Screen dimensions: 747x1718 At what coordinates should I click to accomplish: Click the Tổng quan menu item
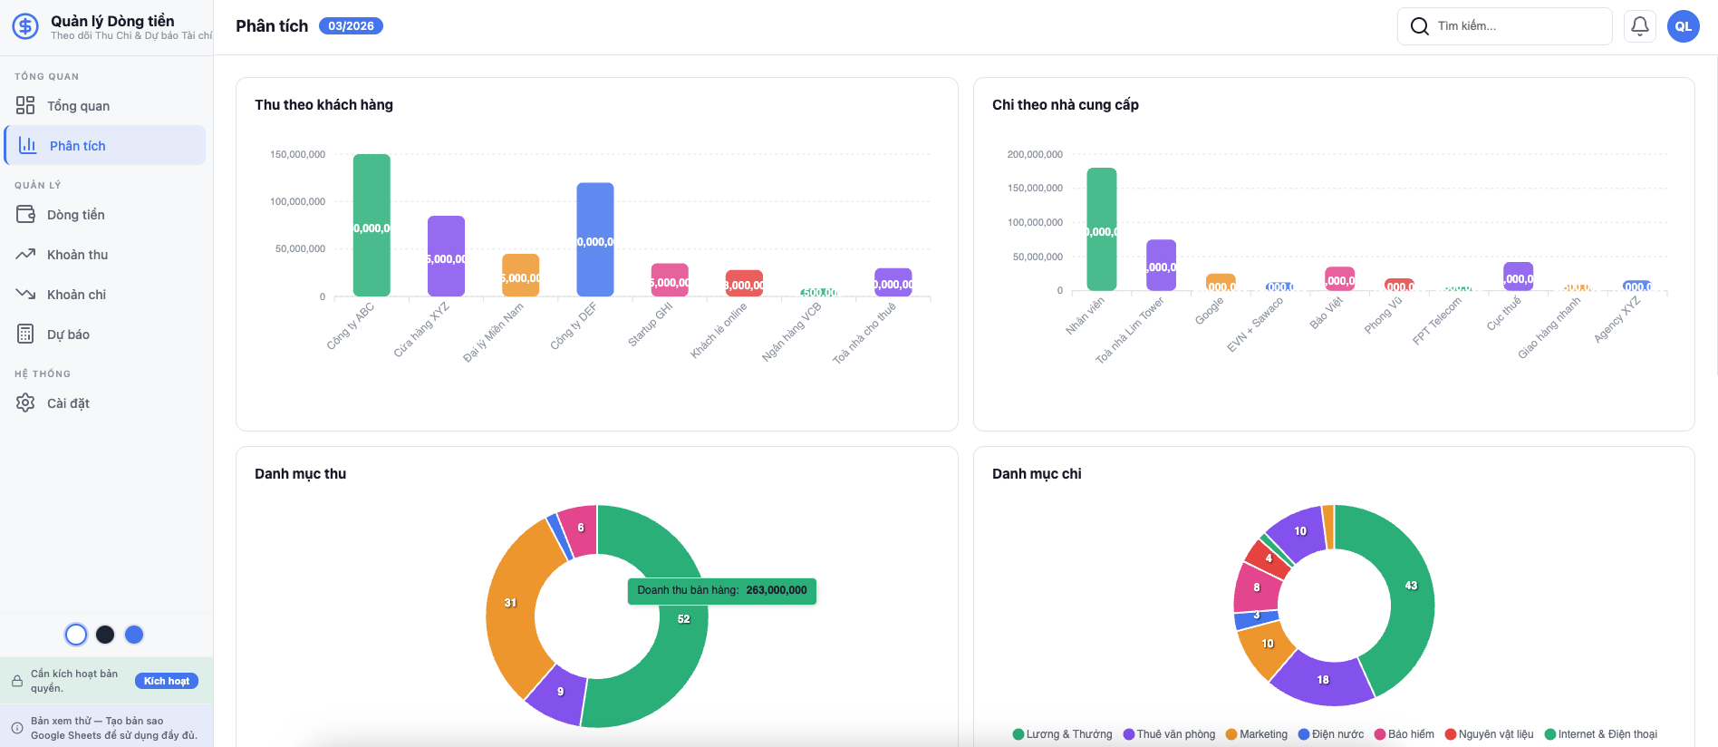78,106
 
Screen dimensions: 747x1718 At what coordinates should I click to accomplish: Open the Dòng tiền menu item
75,215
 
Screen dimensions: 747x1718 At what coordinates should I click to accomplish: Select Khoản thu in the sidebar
77,255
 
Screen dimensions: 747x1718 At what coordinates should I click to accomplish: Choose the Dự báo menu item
68,335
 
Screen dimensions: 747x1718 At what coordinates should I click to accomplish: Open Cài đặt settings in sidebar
68,403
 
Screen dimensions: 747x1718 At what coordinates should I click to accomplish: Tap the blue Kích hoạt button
167,681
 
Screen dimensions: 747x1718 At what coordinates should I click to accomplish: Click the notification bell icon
1640,26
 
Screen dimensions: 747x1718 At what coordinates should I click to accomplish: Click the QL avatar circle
1684,26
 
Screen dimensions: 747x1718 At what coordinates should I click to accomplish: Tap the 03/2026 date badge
351,26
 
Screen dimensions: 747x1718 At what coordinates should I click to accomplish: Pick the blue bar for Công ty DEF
595,239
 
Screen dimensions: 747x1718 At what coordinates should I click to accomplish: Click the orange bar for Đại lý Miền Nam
521,275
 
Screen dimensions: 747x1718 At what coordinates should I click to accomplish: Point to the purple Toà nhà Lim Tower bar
1161,265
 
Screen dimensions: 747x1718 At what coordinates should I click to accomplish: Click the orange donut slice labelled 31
510,603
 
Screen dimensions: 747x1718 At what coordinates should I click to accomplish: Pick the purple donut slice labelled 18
1323,680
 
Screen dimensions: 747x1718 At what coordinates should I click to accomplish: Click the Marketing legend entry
1257,734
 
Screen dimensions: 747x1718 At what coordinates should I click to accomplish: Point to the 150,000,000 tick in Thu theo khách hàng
297,155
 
